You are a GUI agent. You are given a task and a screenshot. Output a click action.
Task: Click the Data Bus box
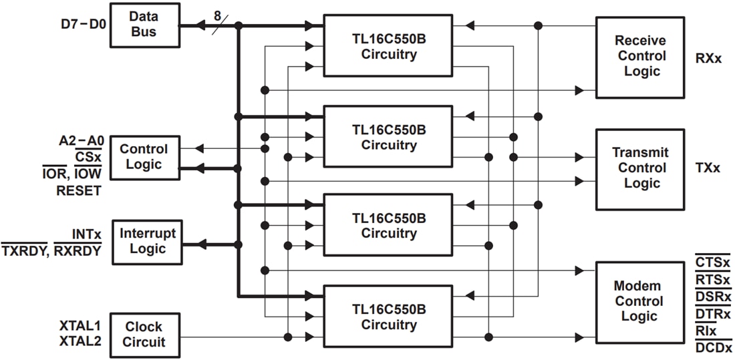[x=145, y=25]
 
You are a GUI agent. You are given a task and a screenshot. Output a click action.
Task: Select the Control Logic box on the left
[x=144, y=158]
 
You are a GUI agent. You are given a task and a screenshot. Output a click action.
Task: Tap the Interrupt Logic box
[x=147, y=241]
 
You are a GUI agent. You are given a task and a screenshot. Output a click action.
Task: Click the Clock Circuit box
[x=144, y=335]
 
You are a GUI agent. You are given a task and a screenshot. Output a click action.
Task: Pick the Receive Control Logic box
[x=641, y=57]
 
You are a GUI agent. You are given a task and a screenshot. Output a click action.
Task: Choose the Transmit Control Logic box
[x=641, y=168]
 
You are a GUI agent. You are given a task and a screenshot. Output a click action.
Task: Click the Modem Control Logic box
[x=641, y=301]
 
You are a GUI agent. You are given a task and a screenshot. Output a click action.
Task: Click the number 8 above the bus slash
[x=217, y=14]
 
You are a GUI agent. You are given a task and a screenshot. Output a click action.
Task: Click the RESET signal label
[x=79, y=191]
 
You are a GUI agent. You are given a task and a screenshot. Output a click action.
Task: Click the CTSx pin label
[x=712, y=262]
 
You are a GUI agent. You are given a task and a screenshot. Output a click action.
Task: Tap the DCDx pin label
[x=714, y=347]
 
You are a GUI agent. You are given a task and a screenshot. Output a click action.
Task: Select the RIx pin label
[x=707, y=331]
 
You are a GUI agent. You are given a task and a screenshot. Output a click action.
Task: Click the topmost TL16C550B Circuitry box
[x=388, y=47]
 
